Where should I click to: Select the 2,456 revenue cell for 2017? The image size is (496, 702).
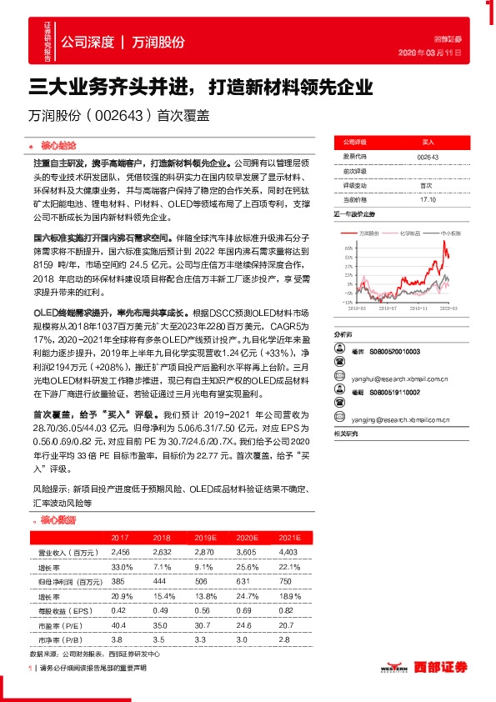[x=121, y=553]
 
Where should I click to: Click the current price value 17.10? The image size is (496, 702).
[x=427, y=199]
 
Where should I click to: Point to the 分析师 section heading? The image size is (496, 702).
[x=343, y=308]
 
